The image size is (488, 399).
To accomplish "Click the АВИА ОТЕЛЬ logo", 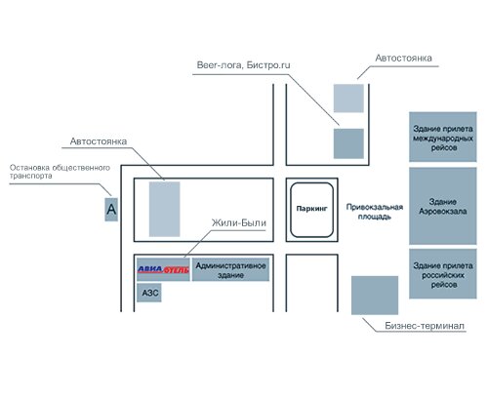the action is pos(163,269).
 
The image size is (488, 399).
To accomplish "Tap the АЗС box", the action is pos(149,293).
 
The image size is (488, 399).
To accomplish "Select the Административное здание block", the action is pos(230,269).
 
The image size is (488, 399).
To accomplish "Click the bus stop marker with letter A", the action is pos(111,210).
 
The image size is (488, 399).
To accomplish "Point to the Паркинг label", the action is pos(311,209).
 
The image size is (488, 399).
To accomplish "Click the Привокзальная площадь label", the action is pos(375,212).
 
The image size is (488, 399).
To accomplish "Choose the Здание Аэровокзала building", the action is pos(443,206).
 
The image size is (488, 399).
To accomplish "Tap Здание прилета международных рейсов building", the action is pos(443,137).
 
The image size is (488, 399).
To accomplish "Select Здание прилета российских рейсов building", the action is pos(443,274).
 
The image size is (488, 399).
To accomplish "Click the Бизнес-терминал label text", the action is pos(425,326).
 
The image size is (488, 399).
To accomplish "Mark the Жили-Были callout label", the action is pos(239,222).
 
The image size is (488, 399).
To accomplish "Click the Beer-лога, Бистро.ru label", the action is pos(243,65).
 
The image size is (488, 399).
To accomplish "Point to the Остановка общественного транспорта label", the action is pos(60,172).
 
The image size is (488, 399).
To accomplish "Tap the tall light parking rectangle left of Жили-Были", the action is pos(164,209).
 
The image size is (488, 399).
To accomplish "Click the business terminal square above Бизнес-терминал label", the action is pos(375,296).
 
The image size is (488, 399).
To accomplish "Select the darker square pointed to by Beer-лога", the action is pos(348,143).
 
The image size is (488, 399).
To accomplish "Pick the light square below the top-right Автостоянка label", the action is pos(348,99).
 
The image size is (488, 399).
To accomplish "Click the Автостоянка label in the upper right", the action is pos(403,59).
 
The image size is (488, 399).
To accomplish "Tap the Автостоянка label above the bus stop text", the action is pos(99,141).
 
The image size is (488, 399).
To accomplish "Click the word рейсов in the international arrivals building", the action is pos(444,148).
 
